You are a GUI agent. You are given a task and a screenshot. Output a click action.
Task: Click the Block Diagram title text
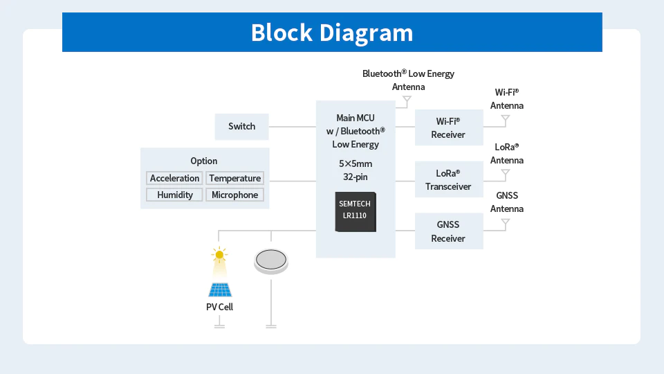point(332,33)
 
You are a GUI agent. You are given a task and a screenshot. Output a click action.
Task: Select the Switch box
point(241,126)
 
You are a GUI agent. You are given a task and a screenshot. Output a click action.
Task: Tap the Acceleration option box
point(175,178)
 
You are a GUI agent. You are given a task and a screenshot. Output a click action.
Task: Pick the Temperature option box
point(234,178)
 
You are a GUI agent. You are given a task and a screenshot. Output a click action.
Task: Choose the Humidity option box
point(175,195)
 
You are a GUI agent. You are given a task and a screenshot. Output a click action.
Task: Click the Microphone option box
point(234,195)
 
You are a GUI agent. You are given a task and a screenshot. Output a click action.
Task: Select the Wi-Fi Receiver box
point(448,127)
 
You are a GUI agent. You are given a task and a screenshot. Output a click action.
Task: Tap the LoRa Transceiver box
point(448,179)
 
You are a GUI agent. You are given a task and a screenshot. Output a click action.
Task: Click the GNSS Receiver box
point(448,231)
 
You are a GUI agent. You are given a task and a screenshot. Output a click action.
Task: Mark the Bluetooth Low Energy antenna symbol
point(407,100)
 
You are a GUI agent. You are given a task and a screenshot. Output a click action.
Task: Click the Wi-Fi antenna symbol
point(506,119)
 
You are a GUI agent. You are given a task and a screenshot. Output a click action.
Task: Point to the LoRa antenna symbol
point(506,172)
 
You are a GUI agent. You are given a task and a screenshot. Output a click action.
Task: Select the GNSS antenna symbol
point(506,223)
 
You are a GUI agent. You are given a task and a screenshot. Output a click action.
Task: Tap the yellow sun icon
point(219,255)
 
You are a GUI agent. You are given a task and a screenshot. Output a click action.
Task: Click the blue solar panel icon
point(219,289)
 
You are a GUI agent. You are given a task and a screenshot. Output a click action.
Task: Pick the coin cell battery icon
point(271,260)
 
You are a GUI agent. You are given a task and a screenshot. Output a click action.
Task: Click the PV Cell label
point(219,306)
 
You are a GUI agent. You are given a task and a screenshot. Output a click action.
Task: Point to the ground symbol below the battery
point(271,326)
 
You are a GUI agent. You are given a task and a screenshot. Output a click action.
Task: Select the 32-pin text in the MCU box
point(356,177)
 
